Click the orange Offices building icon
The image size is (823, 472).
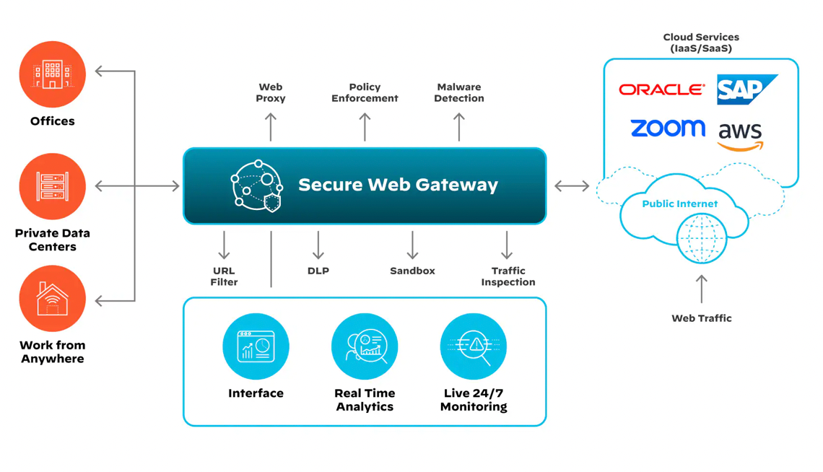coord(52,74)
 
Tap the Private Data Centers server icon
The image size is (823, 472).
coord(52,186)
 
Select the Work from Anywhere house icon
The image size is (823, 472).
coord(52,298)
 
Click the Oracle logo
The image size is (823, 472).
coord(661,89)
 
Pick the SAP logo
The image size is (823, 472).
coord(746,89)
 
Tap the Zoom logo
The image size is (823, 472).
coord(667,128)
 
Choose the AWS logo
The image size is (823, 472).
coord(740,136)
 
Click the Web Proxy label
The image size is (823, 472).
coord(271,92)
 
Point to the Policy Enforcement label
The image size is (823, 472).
coord(365,92)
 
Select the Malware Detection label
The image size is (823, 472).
coord(458,92)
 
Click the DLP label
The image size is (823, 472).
coord(318,271)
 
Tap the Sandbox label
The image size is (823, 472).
coord(412,271)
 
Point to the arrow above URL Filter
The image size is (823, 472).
coord(224,245)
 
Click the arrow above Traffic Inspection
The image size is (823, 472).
coord(507,245)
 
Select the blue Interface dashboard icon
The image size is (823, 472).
coord(256,346)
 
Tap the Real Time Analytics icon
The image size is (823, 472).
coord(365,346)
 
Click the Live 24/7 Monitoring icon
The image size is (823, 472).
coord(473,346)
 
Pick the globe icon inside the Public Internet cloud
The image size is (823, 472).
coord(701,237)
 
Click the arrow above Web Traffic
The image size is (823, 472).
coord(701,289)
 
